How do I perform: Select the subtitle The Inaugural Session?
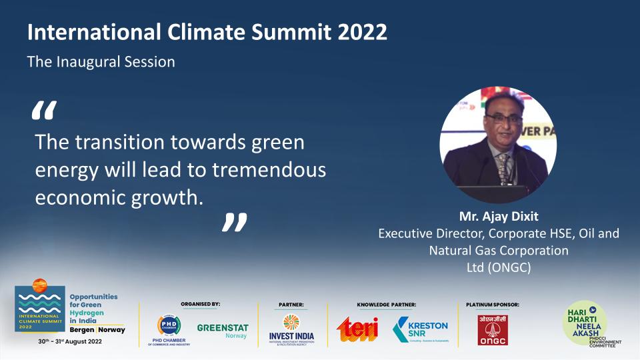tap(101, 62)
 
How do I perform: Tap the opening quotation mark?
tap(44, 111)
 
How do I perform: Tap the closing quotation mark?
tap(234, 223)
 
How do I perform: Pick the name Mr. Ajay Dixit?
tap(498, 217)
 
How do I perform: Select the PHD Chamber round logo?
tap(169, 325)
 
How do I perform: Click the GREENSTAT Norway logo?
tap(223, 331)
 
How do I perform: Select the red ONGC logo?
tap(492, 329)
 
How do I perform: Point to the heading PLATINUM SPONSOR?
tap(493, 305)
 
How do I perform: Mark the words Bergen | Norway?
tap(97, 330)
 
